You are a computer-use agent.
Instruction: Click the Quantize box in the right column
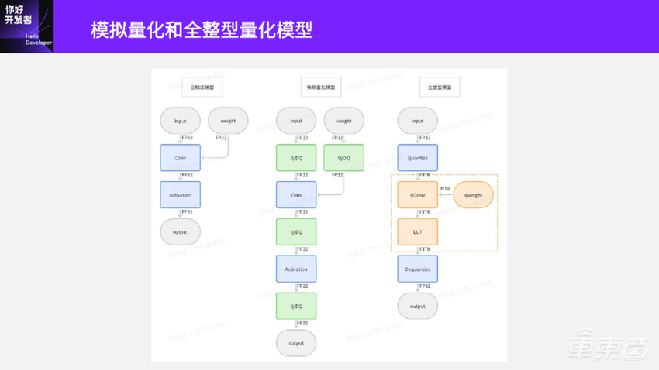(418, 158)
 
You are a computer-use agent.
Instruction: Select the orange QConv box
(418, 195)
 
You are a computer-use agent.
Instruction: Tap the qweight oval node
(473, 195)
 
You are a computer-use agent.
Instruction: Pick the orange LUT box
(418, 232)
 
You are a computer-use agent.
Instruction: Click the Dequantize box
(418, 269)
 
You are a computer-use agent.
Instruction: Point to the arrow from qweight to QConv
(446, 195)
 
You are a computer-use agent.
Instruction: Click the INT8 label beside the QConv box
(444, 188)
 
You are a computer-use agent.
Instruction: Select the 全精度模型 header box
(202, 87)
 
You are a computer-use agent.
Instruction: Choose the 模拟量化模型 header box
(321, 87)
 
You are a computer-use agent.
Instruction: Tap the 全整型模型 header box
(440, 87)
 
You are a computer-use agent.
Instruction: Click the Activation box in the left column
(180, 195)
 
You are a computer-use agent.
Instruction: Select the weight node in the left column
(228, 121)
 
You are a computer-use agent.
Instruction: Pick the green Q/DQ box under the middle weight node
(344, 158)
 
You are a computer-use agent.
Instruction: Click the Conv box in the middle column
(296, 195)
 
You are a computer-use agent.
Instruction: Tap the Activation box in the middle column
(296, 269)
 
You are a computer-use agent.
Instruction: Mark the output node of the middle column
(296, 343)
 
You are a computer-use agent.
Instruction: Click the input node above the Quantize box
(418, 121)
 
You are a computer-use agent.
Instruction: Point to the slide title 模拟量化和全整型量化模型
(202, 30)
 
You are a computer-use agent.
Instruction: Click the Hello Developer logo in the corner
(27, 26)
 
